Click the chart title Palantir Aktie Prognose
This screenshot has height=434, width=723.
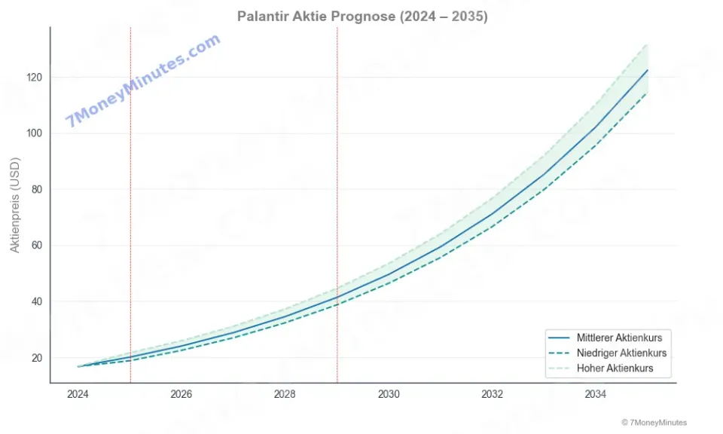pos(362,16)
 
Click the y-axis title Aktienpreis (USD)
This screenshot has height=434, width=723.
pos(15,204)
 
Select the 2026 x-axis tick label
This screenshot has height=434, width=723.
pos(182,394)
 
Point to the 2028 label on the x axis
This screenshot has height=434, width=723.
pos(285,394)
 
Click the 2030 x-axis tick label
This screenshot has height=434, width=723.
pos(389,394)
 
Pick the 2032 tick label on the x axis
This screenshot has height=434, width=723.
pos(492,394)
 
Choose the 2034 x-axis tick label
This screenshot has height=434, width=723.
pos(595,394)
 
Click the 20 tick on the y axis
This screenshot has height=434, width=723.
pos(36,358)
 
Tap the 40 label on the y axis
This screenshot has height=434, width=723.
pos(36,301)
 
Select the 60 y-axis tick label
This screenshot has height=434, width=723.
pos(36,246)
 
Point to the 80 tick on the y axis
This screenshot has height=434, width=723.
pos(36,190)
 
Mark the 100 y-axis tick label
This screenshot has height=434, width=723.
pos(34,133)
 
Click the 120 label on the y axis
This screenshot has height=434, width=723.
pos(34,78)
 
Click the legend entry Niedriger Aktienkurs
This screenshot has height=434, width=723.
pos(621,353)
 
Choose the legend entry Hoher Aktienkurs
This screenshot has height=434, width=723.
pos(615,368)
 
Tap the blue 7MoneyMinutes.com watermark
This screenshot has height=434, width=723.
pos(143,80)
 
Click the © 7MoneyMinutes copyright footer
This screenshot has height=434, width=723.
pos(654,423)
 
